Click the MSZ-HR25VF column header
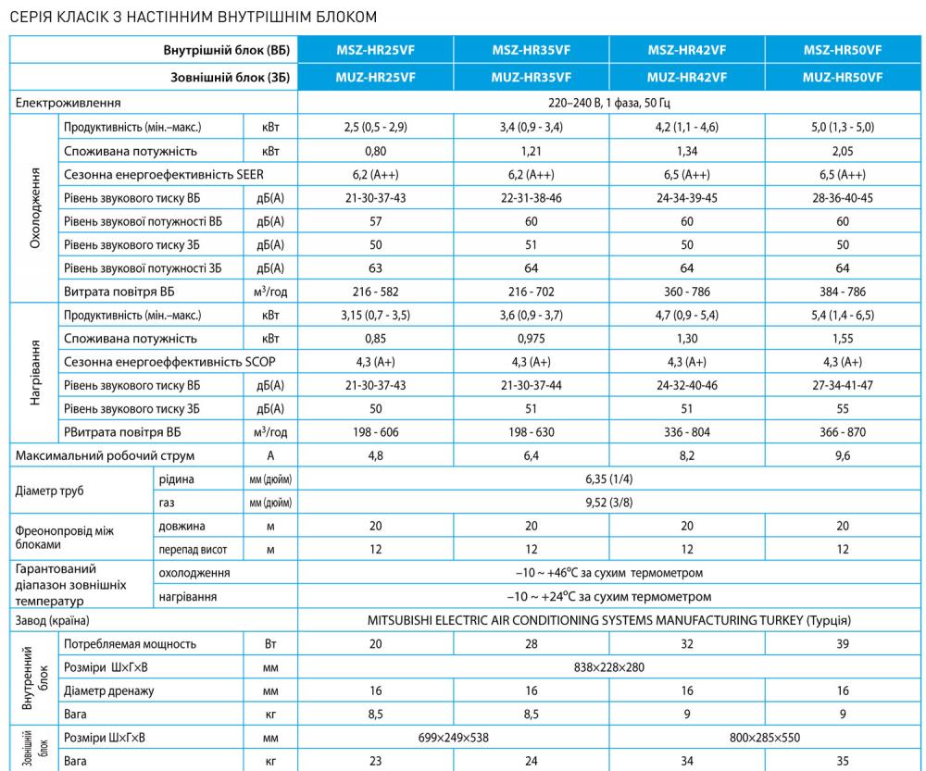pyautogui.click(x=375, y=51)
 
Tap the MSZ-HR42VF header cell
pyautogui.click(x=686, y=51)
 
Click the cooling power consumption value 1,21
pyautogui.click(x=531, y=150)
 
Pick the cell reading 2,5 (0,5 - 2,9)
pyautogui.click(x=375, y=126)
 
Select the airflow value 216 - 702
pyautogui.click(x=531, y=292)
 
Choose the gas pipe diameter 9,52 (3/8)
pyautogui.click(x=608, y=503)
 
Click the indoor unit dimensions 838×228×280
pyautogui.click(x=608, y=666)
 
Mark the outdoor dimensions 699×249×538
pyautogui.click(x=453, y=738)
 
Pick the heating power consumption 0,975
pyautogui.click(x=531, y=339)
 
